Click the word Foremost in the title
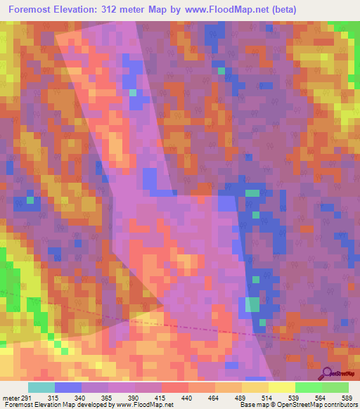[x=34, y=10]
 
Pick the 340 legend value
[x=89, y=398]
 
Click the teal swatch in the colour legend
[x=41, y=387]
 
